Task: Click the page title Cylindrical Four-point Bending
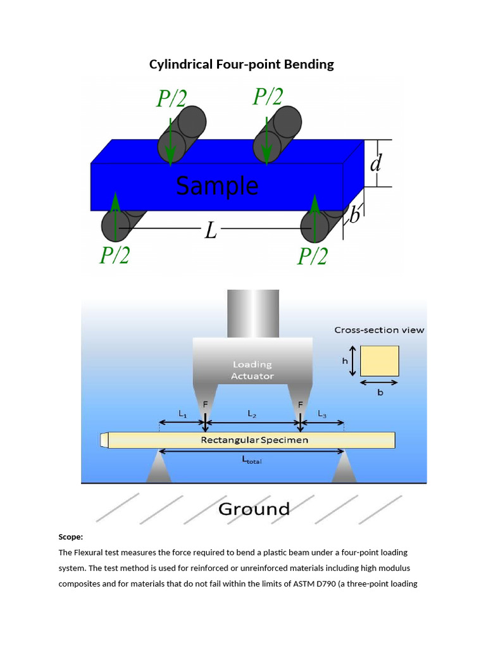(241, 65)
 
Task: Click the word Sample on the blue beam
(217, 187)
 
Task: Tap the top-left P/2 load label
(172, 98)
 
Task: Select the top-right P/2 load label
(268, 97)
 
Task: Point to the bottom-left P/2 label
(115, 256)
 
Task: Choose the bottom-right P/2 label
(312, 256)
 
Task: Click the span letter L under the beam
(211, 231)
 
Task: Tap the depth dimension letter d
(375, 164)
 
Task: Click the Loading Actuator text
(252, 370)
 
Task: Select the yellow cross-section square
(380, 361)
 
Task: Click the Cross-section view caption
(379, 330)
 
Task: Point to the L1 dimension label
(182, 414)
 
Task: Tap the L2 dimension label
(252, 414)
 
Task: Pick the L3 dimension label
(322, 414)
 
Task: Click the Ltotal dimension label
(252, 461)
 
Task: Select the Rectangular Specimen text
(254, 440)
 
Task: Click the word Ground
(254, 509)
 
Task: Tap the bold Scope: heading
(71, 537)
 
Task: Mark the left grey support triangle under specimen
(159, 470)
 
